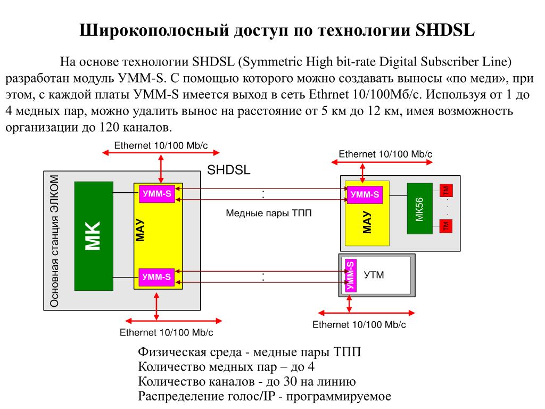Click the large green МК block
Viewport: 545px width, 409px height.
tap(94, 236)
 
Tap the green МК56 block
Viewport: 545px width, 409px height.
tap(420, 209)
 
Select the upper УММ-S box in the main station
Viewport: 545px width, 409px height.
tap(157, 193)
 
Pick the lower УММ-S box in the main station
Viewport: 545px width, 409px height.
tap(156, 277)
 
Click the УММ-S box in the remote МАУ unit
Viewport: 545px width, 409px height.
tap(365, 194)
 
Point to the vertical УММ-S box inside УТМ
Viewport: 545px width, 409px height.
tap(350, 275)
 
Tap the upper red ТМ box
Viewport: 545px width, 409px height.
tap(446, 190)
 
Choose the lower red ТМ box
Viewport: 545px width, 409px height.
tap(446, 226)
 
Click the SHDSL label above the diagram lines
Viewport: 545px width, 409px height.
tap(229, 170)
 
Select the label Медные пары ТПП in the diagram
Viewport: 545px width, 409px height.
tap(269, 213)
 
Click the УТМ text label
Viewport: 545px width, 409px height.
tap(374, 275)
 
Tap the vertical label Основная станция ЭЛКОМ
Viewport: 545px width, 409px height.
tap(55, 241)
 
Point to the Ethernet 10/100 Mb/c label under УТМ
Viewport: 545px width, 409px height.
tap(359, 324)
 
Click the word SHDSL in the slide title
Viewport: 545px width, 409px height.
tap(445, 30)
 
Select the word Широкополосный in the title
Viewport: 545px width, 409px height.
tap(154, 30)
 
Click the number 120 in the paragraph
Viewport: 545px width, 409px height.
tap(110, 127)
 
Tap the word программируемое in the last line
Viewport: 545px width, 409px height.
tap(338, 396)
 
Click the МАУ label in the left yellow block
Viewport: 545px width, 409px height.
tap(140, 230)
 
